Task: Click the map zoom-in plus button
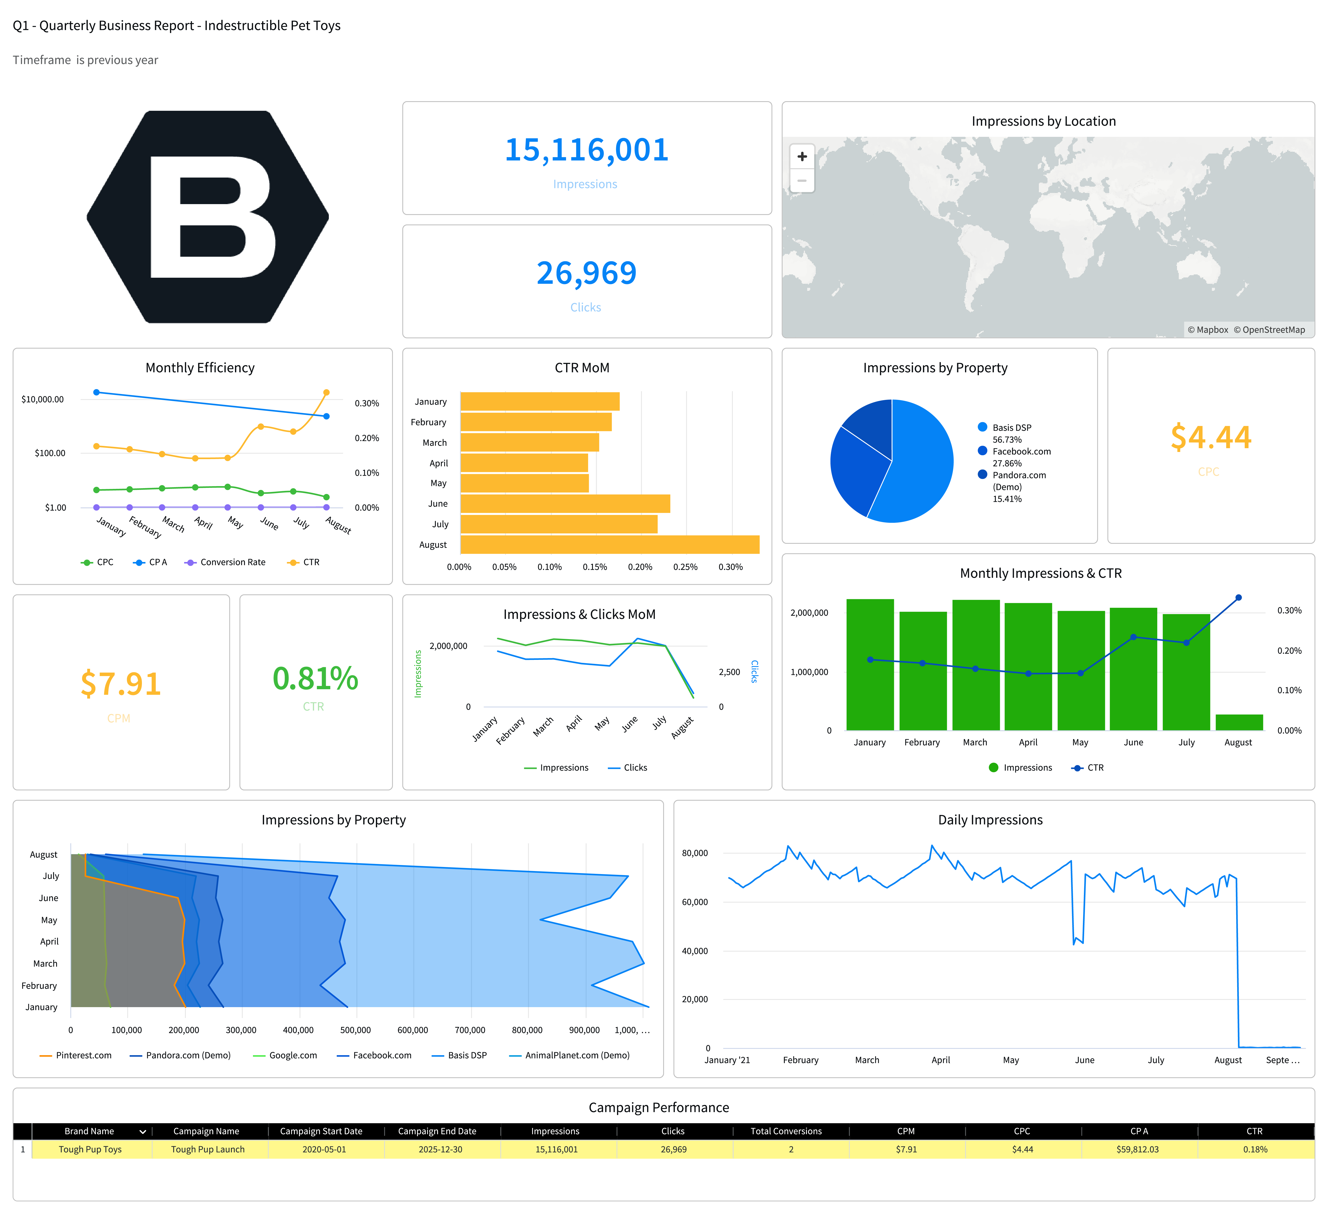point(802,157)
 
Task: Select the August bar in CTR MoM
point(609,545)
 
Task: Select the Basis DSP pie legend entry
point(1011,427)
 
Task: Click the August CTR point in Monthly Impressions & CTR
point(1238,597)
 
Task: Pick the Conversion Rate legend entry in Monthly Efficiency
point(232,562)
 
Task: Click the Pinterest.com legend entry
point(83,1055)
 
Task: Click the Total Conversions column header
point(786,1131)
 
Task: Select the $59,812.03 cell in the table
point(1137,1150)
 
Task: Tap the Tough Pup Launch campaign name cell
point(207,1150)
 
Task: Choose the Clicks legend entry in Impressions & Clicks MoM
point(634,767)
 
